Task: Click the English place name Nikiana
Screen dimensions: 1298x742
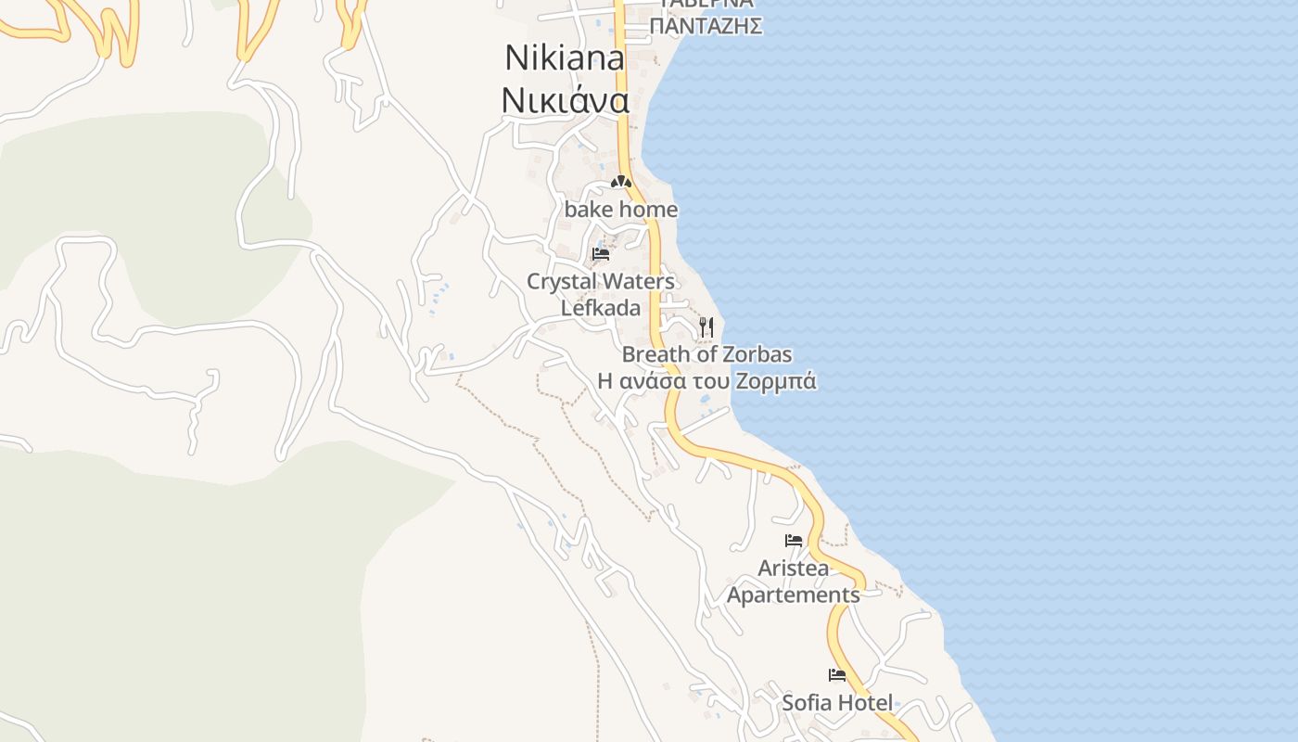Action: (x=565, y=58)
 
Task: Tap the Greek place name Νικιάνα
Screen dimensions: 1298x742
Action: (x=565, y=99)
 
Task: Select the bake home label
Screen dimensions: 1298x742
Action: (x=620, y=210)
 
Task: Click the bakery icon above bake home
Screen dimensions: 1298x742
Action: (x=620, y=183)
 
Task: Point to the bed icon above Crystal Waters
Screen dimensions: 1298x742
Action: (x=601, y=253)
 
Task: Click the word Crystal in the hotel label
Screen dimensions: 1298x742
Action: (x=560, y=281)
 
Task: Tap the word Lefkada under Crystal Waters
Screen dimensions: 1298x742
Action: (x=601, y=307)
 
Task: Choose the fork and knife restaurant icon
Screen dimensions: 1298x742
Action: (x=706, y=326)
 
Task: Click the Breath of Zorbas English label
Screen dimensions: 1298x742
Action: (x=706, y=354)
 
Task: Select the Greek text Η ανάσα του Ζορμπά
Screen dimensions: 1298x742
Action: (x=706, y=381)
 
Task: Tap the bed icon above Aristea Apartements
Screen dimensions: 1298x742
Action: (x=793, y=540)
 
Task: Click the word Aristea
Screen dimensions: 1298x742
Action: (x=793, y=568)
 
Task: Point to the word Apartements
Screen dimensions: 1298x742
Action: (x=793, y=595)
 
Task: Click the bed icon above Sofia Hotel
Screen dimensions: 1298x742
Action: (x=837, y=675)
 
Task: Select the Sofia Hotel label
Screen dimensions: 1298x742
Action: (x=837, y=702)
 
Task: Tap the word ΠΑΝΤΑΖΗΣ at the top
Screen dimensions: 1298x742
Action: (x=706, y=26)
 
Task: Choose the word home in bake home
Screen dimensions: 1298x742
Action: (x=648, y=210)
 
